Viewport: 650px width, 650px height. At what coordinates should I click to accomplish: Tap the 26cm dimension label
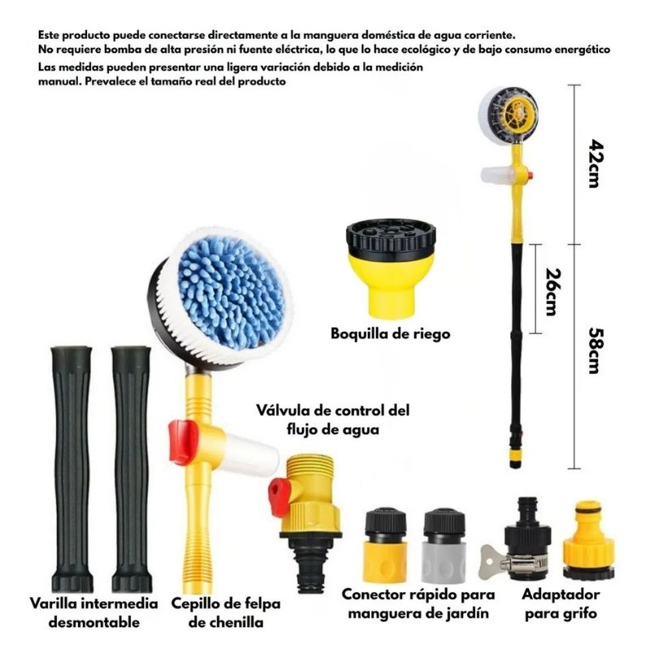[x=553, y=292]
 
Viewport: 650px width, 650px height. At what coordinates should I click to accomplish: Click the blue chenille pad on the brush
[x=232, y=292]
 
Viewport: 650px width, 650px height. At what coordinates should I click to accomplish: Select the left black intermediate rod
[x=71, y=469]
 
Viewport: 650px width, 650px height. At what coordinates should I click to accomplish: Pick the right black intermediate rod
[x=132, y=469]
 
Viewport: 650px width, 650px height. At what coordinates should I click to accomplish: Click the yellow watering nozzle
[x=391, y=269]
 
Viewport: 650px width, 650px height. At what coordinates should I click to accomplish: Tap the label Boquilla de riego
[x=390, y=334]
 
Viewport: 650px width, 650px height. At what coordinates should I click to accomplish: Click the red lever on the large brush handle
[x=183, y=442]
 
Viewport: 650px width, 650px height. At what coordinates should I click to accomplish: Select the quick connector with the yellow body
[x=384, y=545]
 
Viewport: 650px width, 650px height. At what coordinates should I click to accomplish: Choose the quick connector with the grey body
[x=444, y=545]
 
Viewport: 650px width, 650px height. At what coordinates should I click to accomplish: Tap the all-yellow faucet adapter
[x=588, y=539]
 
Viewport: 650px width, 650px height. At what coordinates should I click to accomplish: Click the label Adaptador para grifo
[x=561, y=604]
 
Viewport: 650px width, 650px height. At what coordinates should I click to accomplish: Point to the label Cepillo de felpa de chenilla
[x=226, y=613]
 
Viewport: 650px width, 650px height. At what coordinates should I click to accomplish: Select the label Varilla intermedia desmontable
[x=94, y=613]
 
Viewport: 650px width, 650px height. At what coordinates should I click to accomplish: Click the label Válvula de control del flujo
[x=333, y=419]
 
